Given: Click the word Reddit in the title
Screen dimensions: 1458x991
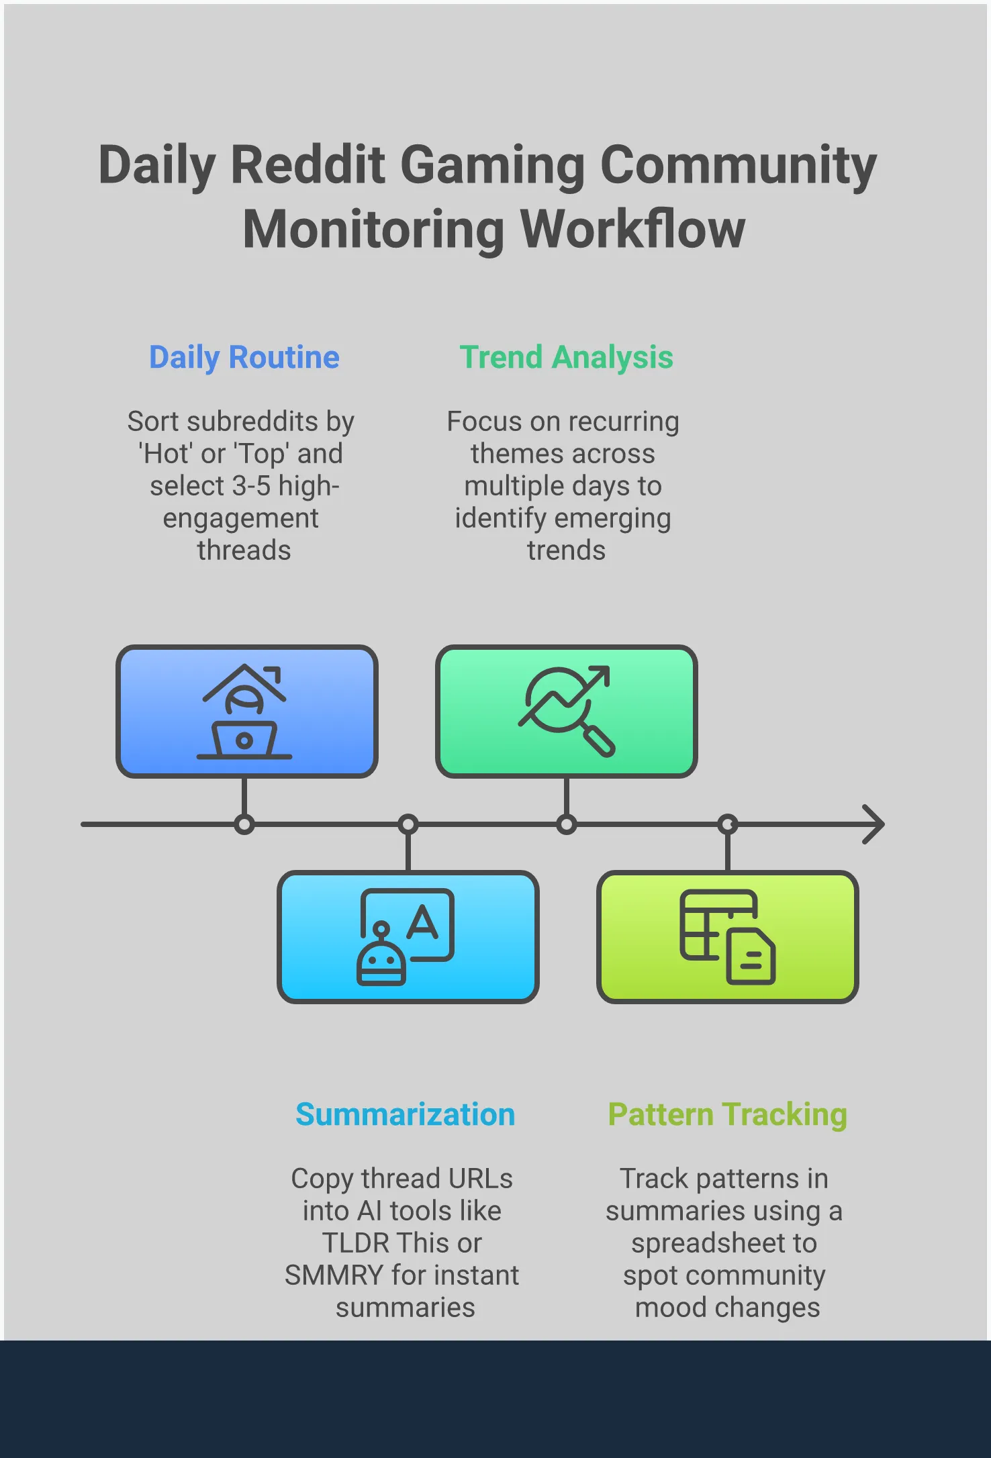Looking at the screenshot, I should pyautogui.click(x=308, y=164).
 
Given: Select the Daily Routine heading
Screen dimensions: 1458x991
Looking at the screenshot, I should pyautogui.click(x=244, y=357).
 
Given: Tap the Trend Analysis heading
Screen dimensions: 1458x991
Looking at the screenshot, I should pyautogui.click(x=566, y=357).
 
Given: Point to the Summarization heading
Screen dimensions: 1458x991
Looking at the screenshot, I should pyautogui.click(x=405, y=1114).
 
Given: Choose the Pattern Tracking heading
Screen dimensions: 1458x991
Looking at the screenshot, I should pyautogui.click(x=727, y=1114).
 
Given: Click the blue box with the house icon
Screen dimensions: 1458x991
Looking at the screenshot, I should pyautogui.click(x=246, y=712).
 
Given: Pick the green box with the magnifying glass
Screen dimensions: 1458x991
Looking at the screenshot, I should pyautogui.click(x=566, y=712).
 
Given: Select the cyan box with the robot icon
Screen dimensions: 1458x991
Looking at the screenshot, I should pyautogui.click(x=408, y=936).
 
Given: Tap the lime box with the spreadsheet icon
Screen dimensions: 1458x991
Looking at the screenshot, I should pyautogui.click(x=727, y=936).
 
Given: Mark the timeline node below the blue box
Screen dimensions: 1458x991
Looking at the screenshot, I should pyautogui.click(x=244, y=824).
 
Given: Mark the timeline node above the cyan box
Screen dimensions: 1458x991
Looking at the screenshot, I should pyautogui.click(x=408, y=824).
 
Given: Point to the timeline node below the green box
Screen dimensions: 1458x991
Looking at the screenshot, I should pyautogui.click(x=567, y=824).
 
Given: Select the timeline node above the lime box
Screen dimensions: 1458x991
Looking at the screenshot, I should pyautogui.click(x=728, y=824).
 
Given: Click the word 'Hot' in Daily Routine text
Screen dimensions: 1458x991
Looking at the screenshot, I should pyautogui.click(x=165, y=454).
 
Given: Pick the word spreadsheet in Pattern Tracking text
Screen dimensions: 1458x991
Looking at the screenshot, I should pyautogui.click(x=724, y=1243).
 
